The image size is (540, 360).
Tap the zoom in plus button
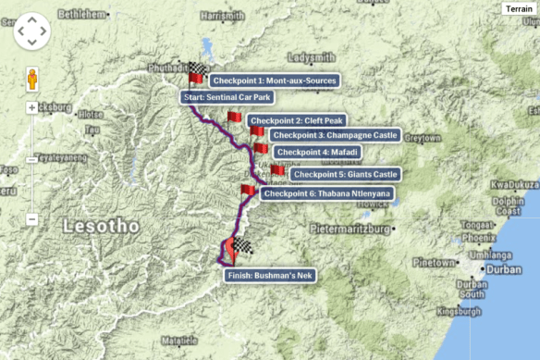(x=31, y=107)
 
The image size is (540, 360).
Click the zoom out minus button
(x=31, y=219)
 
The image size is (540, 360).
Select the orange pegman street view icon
(x=31, y=79)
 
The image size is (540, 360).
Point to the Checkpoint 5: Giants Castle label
(x=344, y=173)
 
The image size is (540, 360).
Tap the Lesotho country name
(x=102, y=225)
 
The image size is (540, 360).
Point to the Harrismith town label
(x=224, y=16)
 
